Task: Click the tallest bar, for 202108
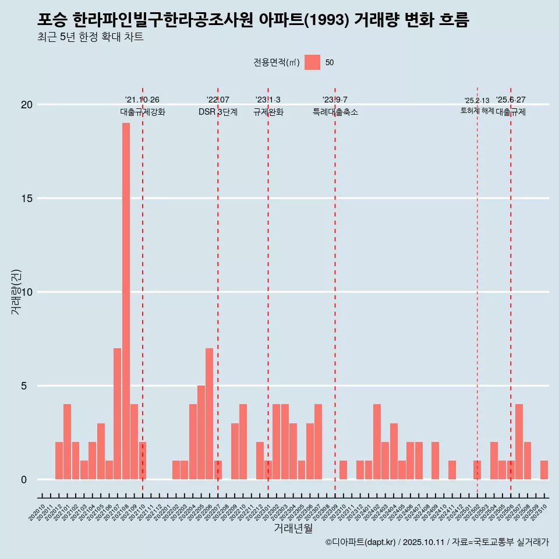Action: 126,301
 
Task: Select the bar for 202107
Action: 117,413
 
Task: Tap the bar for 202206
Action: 209,413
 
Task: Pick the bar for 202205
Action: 201,432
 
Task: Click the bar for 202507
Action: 519,441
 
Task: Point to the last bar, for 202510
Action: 544,470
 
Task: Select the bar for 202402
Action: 377,441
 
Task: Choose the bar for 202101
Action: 67,441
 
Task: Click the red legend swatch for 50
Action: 312,62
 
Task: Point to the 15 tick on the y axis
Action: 27,199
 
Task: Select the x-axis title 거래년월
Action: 293,528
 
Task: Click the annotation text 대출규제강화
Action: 143,112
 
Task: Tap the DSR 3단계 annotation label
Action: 218,112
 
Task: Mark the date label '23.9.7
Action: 335,100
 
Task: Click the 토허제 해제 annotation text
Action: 477,111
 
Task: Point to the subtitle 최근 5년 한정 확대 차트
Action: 90,37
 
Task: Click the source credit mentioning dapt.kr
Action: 437,542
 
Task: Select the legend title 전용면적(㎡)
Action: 277,63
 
